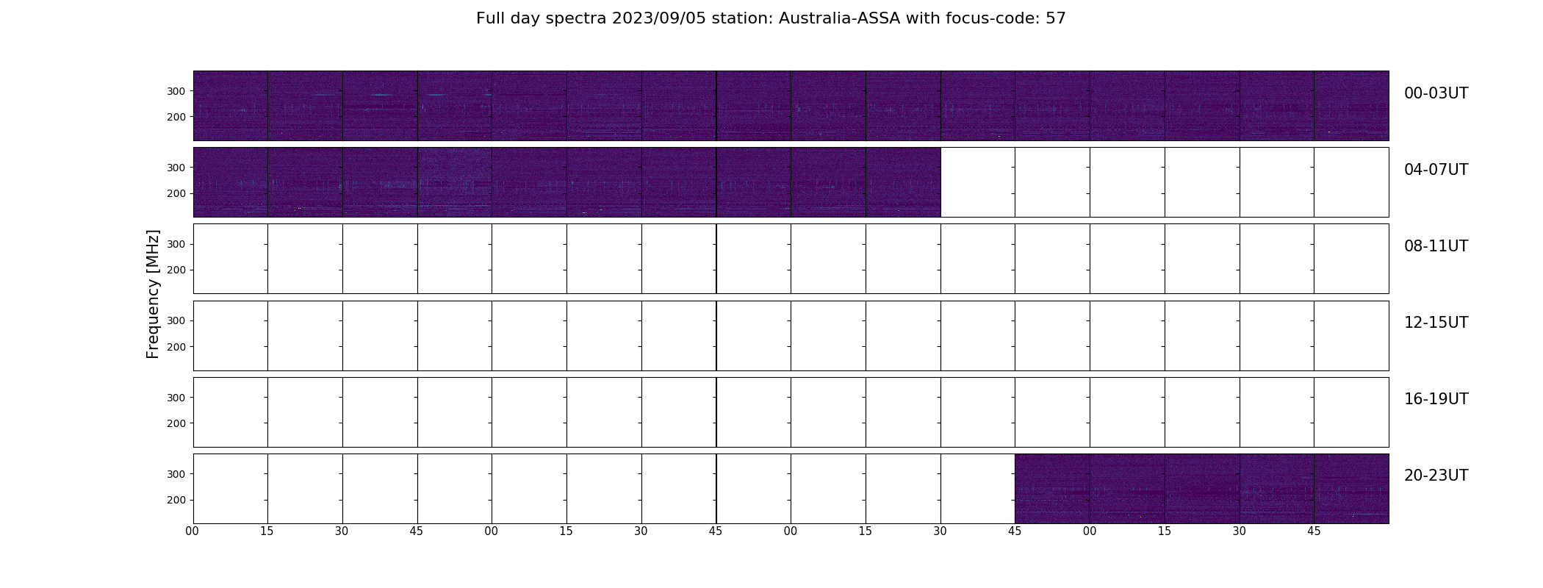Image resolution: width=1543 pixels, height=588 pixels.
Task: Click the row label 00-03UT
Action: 1436,93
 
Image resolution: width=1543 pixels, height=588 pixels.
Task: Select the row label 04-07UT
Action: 1436,170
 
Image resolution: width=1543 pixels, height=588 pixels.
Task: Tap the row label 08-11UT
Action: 1436,246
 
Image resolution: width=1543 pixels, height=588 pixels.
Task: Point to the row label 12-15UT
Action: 1436,323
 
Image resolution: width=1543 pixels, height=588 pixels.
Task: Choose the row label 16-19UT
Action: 1436,399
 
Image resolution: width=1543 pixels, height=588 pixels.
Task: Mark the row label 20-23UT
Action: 1436,476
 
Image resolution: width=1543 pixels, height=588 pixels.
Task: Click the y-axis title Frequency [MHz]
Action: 153,294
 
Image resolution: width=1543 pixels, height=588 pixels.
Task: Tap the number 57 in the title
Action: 1055,18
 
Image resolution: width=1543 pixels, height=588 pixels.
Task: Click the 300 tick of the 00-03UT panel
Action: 176,91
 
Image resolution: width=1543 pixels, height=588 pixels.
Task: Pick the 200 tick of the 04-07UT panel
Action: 176,193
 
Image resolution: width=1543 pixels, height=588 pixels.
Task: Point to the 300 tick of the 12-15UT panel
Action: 176,320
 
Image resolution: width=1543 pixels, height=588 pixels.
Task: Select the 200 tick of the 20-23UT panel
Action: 176,500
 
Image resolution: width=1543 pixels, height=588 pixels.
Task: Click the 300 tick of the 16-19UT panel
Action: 176,398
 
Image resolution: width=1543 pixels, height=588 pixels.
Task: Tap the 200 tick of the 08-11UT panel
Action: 176,270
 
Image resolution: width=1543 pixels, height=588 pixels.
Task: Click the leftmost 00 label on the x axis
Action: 193,531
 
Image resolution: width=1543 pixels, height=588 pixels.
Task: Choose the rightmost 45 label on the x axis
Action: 1314,531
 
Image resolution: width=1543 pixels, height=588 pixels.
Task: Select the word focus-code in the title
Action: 989,18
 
